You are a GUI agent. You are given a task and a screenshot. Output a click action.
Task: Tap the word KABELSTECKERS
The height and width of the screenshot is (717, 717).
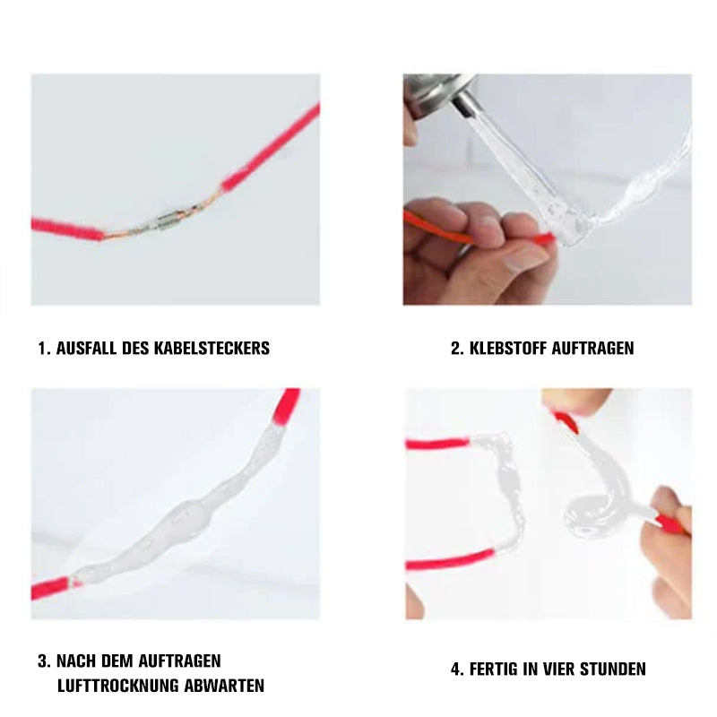212,349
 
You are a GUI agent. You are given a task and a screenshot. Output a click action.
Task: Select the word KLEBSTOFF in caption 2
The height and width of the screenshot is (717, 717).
508,349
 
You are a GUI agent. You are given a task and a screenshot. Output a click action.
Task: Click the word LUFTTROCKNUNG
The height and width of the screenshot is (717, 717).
118,686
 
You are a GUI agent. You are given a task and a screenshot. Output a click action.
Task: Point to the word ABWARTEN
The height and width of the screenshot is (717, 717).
224,686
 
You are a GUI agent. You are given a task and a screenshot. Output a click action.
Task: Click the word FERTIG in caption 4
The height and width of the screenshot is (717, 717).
494,669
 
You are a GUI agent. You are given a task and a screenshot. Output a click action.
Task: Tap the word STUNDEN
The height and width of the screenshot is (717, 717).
613,669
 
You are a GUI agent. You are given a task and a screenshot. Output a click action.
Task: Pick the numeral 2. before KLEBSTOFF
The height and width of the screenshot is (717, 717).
457,349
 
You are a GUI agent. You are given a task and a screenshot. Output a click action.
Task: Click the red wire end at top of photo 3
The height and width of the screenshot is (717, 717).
285,407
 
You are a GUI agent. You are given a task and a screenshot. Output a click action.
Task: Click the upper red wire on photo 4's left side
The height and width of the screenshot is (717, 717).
437,444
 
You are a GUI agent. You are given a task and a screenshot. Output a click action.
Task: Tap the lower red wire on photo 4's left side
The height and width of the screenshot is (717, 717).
451,559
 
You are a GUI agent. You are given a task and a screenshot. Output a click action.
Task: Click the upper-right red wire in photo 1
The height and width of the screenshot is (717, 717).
271,149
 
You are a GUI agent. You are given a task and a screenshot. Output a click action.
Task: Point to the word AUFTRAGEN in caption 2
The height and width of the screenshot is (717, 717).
592,349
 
